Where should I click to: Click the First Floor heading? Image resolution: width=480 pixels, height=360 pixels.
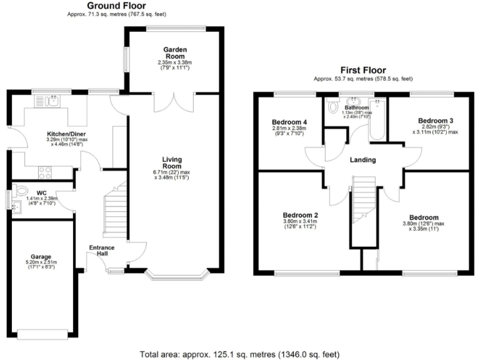pos(362,70)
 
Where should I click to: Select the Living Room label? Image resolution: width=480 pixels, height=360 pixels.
pos(172,163)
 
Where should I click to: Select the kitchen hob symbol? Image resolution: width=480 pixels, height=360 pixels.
pos(46,170)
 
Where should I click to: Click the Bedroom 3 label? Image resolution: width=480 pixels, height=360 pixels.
pos(435,120)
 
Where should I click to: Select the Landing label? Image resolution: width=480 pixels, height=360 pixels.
pos(362,160)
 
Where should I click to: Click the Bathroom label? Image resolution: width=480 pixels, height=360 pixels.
pos(357,107)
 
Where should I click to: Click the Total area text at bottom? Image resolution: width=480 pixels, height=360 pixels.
pos(240,353)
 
